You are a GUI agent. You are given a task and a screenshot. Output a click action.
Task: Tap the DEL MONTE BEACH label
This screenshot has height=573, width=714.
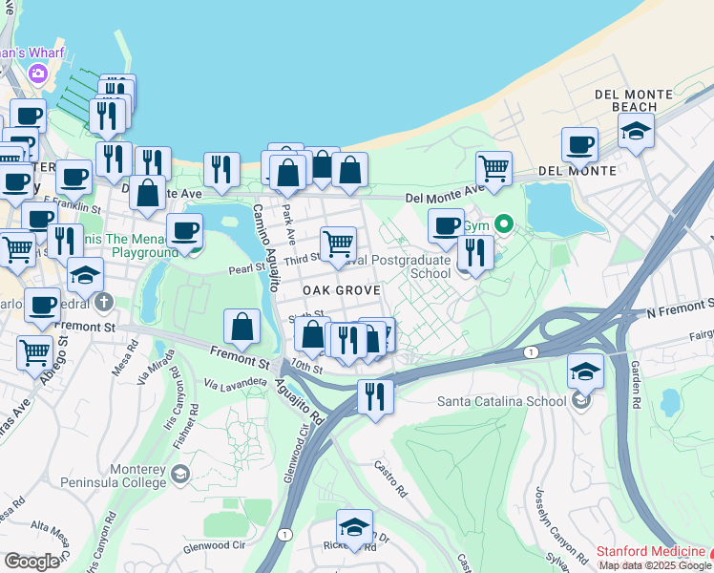pos(626,100)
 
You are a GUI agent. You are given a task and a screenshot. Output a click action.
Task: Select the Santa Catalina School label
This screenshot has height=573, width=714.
pos(501,401)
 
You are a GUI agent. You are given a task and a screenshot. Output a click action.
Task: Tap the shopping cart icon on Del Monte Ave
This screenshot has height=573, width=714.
pos(493,169)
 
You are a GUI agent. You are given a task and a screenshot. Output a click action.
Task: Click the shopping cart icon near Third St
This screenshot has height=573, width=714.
pos(338,244)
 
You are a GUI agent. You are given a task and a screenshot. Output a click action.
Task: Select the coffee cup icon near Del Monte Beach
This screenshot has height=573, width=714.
pos(579,145)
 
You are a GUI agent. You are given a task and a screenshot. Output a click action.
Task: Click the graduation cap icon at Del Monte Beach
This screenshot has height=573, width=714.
pos(636,131)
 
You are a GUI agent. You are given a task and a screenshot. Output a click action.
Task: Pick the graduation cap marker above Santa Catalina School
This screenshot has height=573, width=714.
pos(585,370)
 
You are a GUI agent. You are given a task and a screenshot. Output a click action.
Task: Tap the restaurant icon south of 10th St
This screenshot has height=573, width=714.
pos(375,394)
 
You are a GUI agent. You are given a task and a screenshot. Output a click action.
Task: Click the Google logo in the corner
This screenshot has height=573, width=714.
pos(32,562)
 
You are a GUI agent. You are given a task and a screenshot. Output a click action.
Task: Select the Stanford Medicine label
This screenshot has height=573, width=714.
pos(649,551)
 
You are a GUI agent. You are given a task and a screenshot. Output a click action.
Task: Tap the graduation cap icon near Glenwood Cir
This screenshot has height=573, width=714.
pos(354,526)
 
